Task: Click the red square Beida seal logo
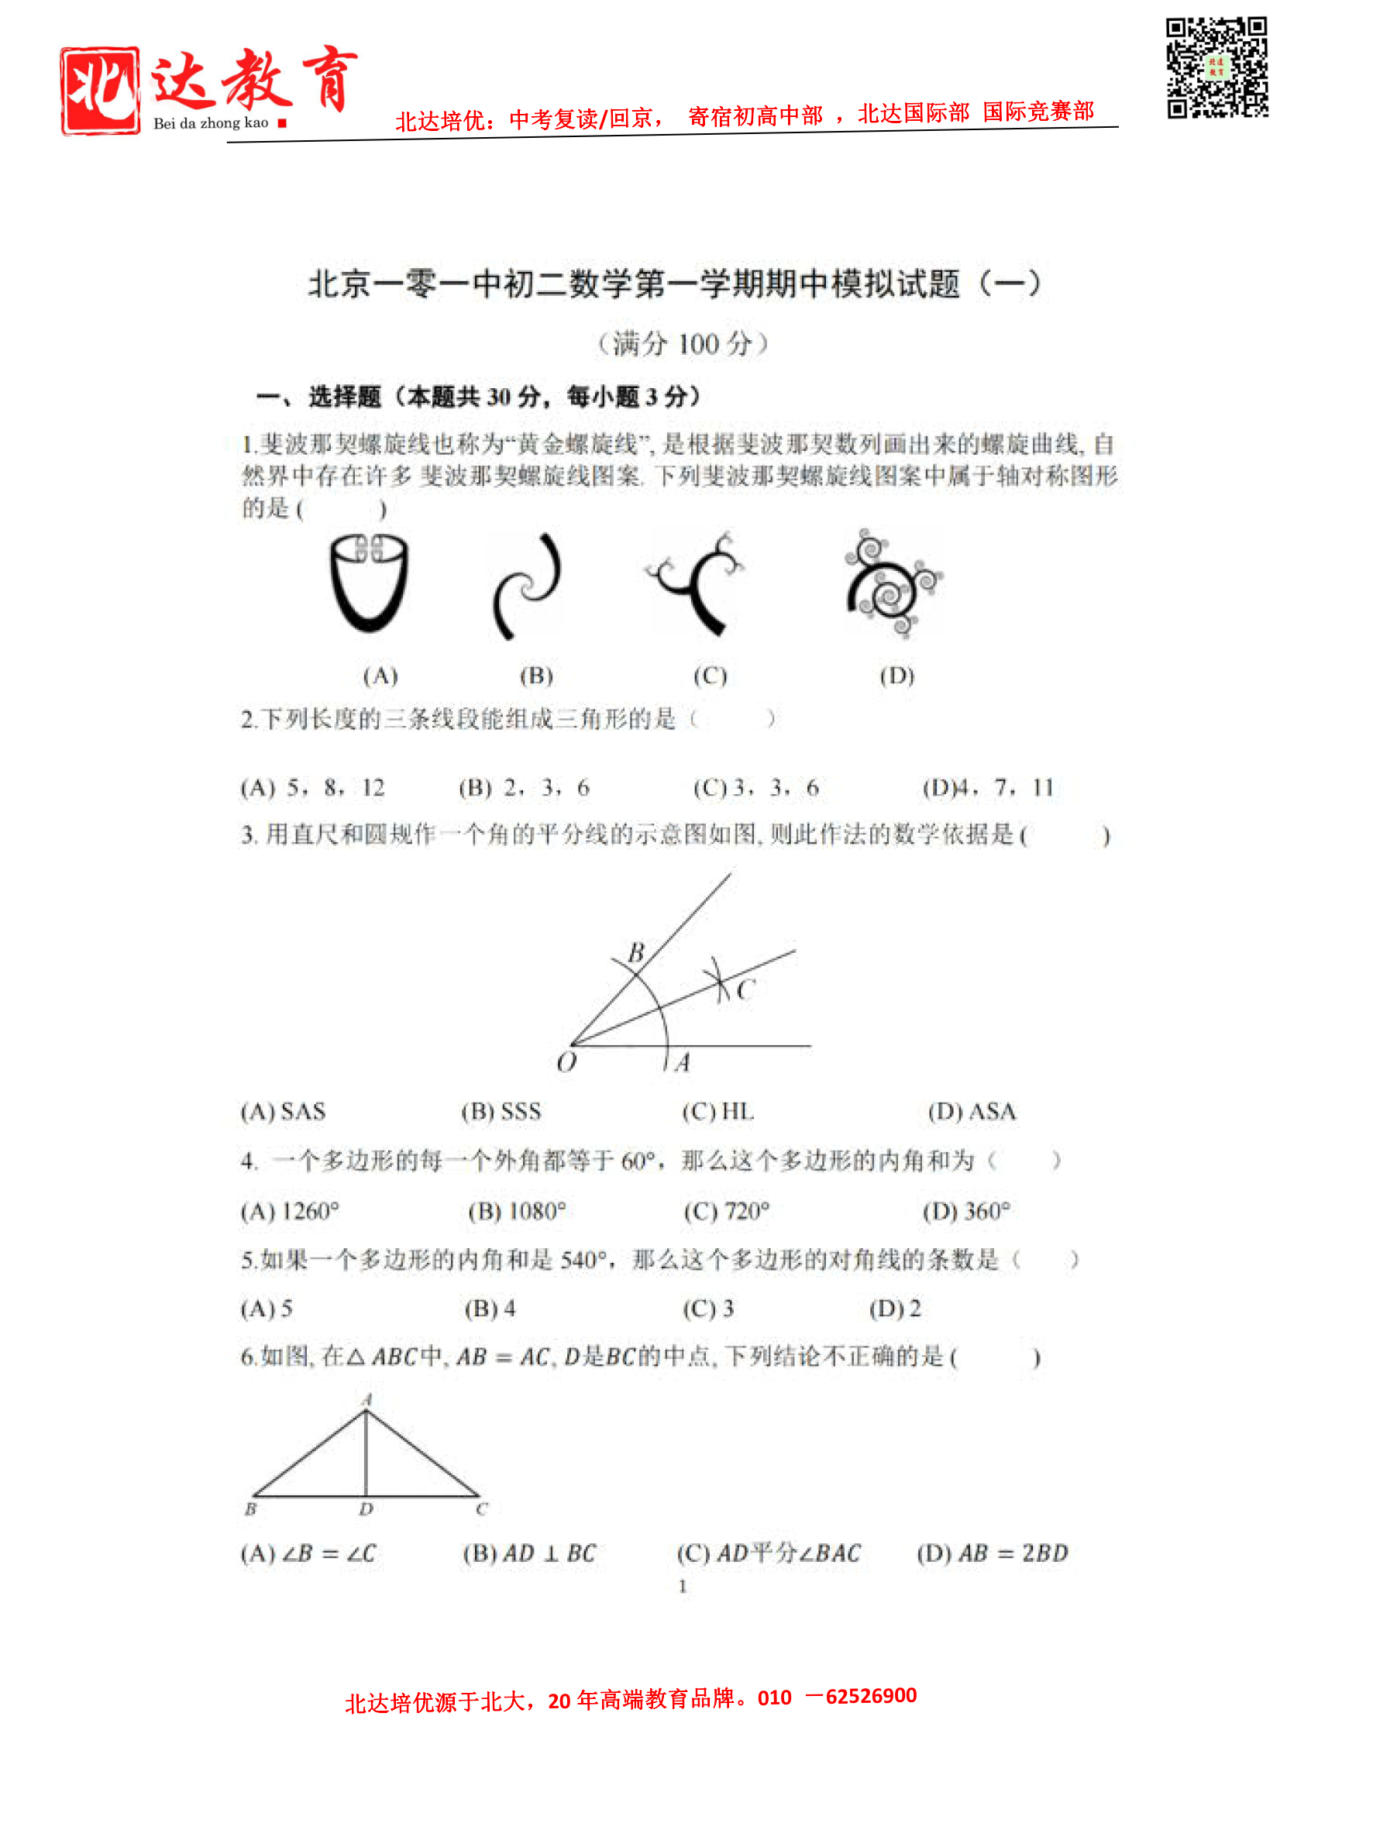pyautogui.click(x=99, y=90)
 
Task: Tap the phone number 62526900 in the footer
pyautogui.click(x=871, y=1695)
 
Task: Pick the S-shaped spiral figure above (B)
pyautogui.click(x=527, y=585)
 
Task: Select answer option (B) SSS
pyautogui.click(x=501, y=1111)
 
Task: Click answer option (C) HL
pyautogui.click(x=717, y=1111)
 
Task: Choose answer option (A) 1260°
pyautogui.click(x=290, y=1211)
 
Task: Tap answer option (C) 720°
pyautogui.click(x=726, y=1211)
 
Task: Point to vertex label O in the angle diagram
pyautogui.click(x=566, y=1062)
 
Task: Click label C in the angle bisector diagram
pyautogui.click(x=745, y=989)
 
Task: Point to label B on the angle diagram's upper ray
pyautogui.click(x=635, y=953)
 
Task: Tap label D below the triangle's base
pyautogui.click(x=366, y=1509)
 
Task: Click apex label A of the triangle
pyautogui.click(x=366, y=1399)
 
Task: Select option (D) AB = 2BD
pyautogui.click(x=992, y=1553)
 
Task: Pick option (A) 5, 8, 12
pyautogui.click(x=313, y=788)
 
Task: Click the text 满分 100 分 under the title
pyautogui.click(x=682, y=343)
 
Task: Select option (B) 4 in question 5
pyautogui.click(x=489, y=1308)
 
